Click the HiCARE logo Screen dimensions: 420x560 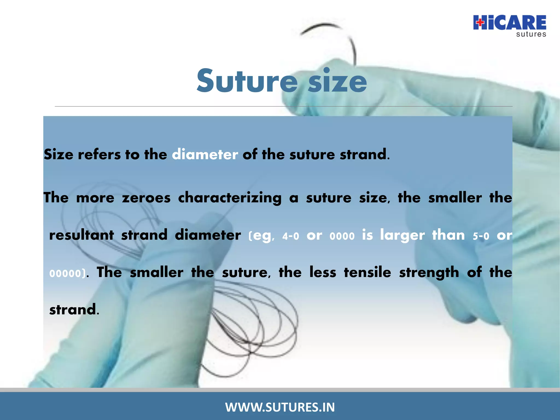[x=509, y=23]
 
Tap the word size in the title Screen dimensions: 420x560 [x=337, y=81]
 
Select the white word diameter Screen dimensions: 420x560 [x=205, y=154]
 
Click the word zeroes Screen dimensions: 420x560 [x=146, y=198]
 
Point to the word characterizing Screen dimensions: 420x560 [x=230, y=198]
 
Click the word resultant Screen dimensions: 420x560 [x=81, y=235]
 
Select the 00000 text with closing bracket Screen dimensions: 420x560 [x=67, y=273]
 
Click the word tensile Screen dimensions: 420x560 [x=367, y=272]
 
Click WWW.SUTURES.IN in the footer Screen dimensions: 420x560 [x=280, y=407]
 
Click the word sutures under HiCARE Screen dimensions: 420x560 [x=531, y=34]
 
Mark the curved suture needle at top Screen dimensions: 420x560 [x=336, y=36]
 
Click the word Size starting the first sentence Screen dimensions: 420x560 [x=59, y=154]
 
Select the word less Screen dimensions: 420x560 [x=323, y=272]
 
